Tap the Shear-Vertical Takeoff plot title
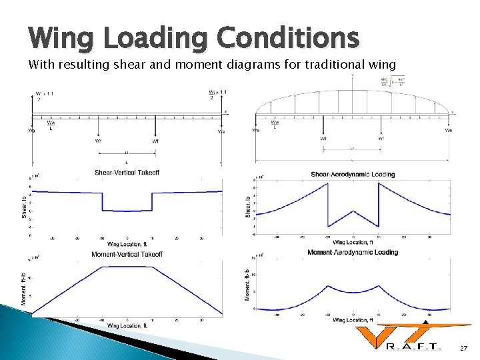point(127,173)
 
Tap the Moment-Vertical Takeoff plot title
point(127,254)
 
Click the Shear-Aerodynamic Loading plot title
point(353,175)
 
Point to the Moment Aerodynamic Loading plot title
point(353,252)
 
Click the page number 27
point(464,349)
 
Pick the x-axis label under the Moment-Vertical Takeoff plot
point(127,325)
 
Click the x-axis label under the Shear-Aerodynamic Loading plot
point(353,242)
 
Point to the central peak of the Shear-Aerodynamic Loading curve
point(353,211)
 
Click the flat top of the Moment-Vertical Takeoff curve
point(127,267)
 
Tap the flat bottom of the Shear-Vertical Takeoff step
point(127,211)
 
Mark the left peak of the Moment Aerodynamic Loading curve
point(328,287)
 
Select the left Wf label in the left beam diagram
point(99,141)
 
